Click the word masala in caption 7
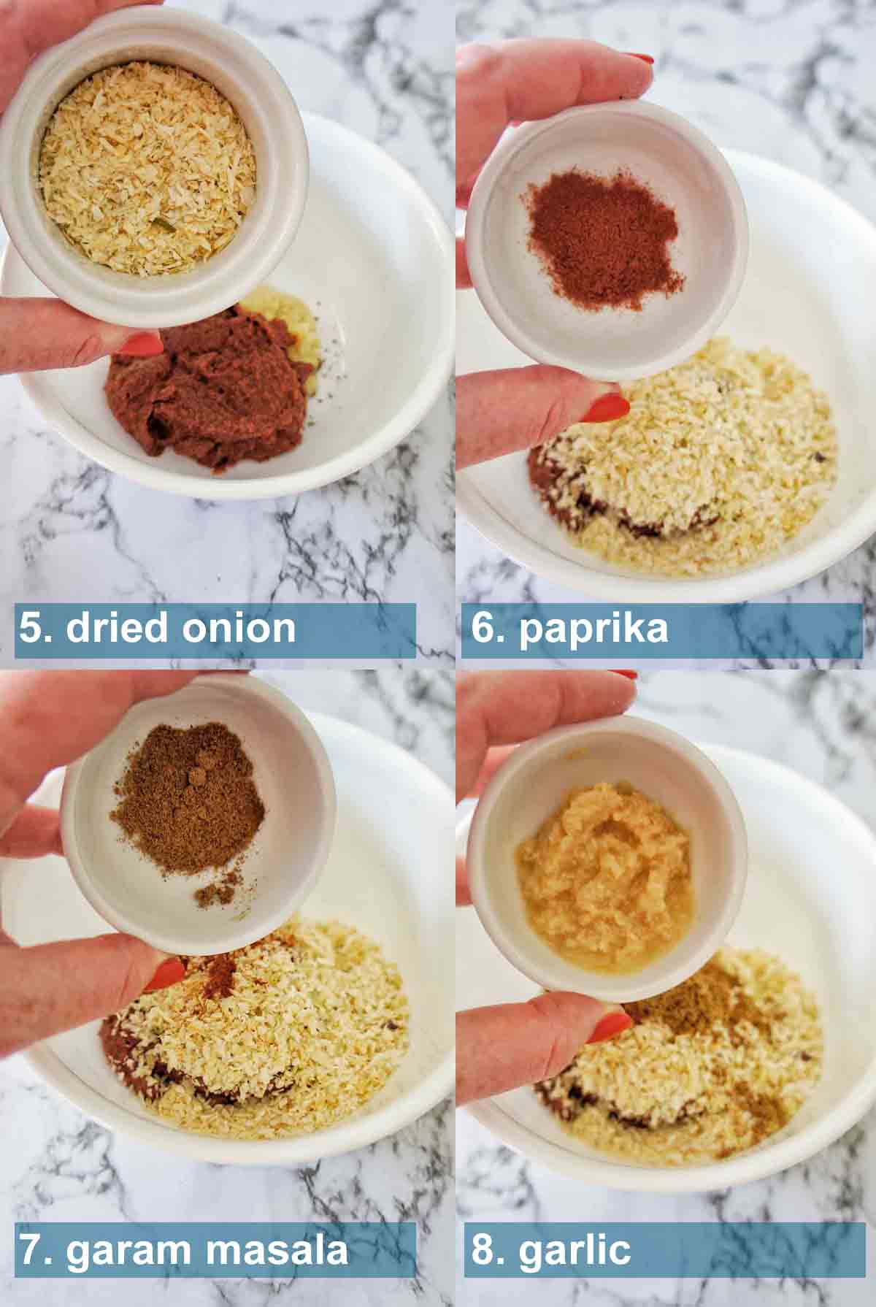(x=274, y=1249)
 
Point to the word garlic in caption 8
(x=575, y=1250)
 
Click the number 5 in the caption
(x=30, y=628)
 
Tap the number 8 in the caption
(x=482, y=1250)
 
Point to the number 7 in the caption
(x=31, y=1250)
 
